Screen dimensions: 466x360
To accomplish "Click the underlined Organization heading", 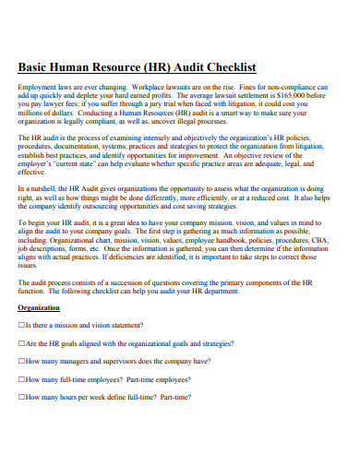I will pos(39,307).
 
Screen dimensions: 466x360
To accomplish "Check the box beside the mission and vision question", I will pos(22,326).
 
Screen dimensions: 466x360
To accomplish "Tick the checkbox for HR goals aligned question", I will pos(22,343).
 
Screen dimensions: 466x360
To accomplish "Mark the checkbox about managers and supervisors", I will pos(22,361).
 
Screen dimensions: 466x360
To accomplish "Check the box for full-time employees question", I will pos(22,378).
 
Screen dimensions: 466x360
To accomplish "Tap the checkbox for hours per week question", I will pos(22,396).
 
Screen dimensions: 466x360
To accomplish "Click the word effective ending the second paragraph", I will pos(31,171).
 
